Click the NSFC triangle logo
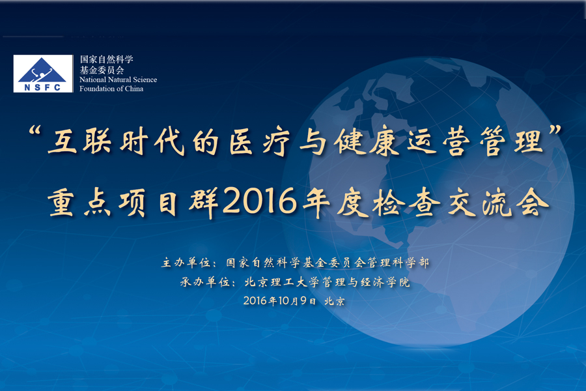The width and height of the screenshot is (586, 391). click(43, 69)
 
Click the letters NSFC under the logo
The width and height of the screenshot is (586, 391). click(43, 86)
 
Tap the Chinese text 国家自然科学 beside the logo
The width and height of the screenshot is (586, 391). click(106, 59)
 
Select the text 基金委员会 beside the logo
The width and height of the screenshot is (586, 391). click(102, 69)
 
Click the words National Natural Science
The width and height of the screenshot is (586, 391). click(118, 80)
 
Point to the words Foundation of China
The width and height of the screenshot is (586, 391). click(111, 89)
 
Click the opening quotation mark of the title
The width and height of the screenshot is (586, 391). click(36, 135)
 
